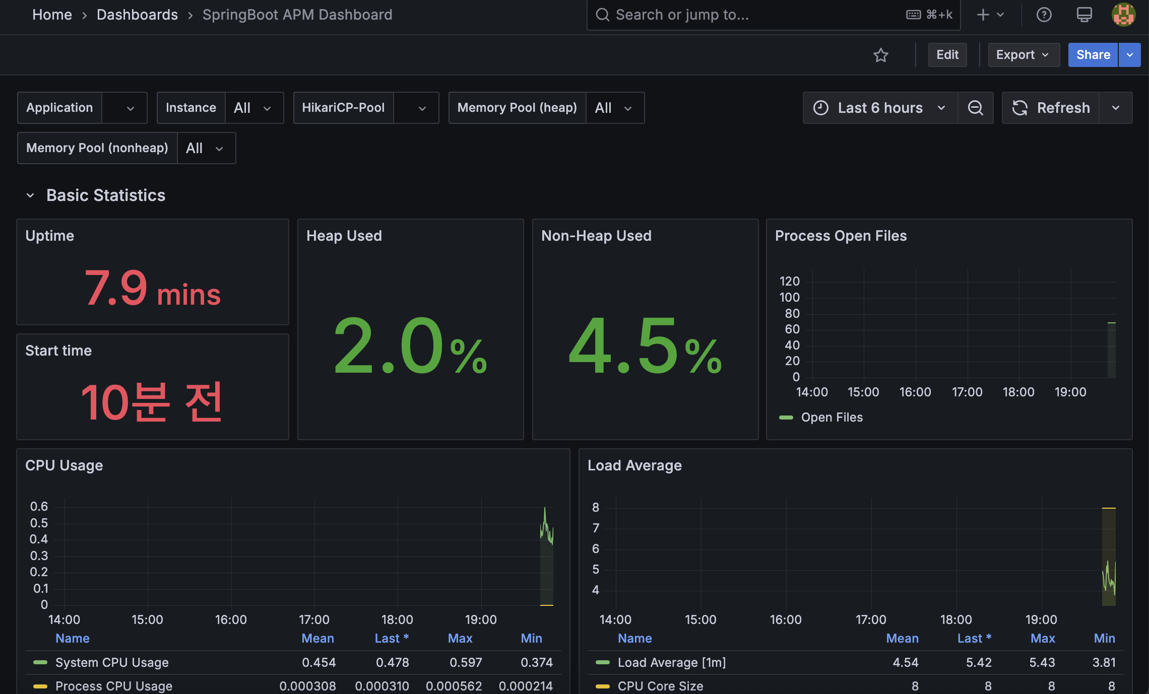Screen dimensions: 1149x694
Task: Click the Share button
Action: (1093, 55)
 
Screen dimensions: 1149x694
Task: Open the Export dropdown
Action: (1024, 55)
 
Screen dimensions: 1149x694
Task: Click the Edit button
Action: (947, 55)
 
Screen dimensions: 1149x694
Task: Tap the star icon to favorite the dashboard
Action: (881, 55)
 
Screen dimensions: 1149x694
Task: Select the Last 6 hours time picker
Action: (880, 108)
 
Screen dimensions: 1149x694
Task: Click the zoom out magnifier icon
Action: (976, 108)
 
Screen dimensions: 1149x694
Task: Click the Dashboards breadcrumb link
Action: (137, 15)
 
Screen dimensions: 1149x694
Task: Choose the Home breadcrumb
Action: (52, 15)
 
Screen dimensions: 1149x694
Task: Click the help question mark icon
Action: (1044, 15)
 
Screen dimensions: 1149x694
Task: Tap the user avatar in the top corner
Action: (1123, 15)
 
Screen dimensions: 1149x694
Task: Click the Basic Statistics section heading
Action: (106, 195)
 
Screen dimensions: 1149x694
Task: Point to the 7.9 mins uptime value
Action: (153, 288)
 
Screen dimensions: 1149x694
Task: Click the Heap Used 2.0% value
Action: (410, 346)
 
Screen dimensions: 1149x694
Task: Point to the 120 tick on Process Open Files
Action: (789, 281)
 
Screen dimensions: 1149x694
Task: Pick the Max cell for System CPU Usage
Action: (466, 662)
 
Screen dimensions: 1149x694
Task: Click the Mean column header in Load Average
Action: (902, 639)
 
